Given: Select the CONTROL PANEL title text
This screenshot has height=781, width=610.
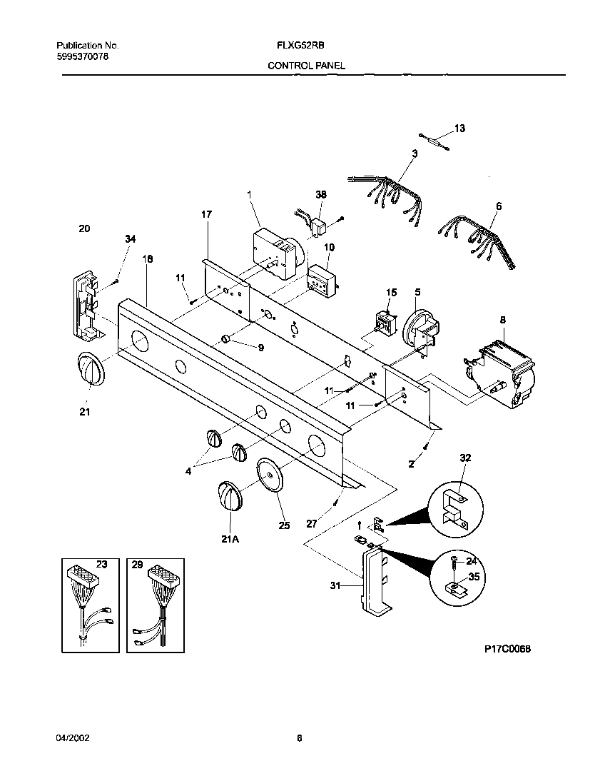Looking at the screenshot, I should (306, 65).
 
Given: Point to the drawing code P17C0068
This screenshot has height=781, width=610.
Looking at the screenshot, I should (509, 649).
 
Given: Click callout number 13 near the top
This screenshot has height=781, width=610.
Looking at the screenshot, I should (459, 129).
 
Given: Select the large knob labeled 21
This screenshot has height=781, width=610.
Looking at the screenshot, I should (89, 371).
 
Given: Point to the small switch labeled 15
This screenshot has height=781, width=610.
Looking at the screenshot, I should (386, 322).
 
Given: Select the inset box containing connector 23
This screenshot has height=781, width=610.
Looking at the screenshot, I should (89, 604).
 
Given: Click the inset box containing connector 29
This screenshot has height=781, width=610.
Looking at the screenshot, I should (155, 604).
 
